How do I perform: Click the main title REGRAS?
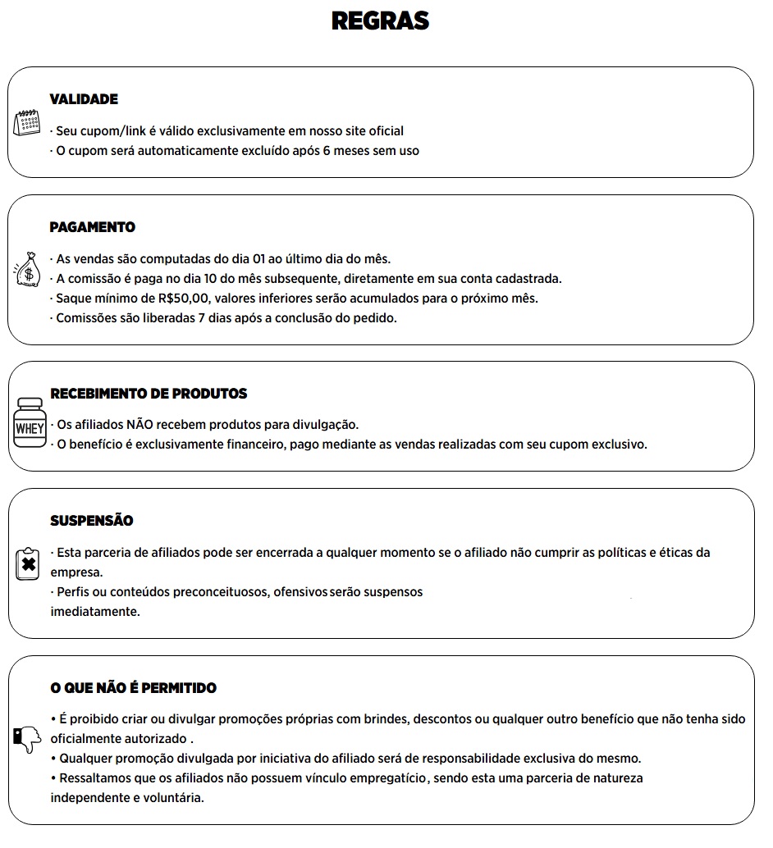(x=380, y=21)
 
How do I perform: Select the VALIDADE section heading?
(x=84, y=99)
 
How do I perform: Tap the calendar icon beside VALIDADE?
(x=27, y=123)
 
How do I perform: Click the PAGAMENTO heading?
(x=93, y=227)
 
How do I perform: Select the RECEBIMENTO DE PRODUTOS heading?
(x=149, y=394)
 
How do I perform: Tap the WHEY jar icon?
(x=30, y=423)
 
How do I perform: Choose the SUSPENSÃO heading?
(x=92, y=521)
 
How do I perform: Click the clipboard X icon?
(x=28, y=564)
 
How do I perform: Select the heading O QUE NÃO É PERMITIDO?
(x=134, y=688)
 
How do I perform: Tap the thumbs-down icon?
(x=27, y=740)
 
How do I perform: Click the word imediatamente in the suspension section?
(x=95, y=612)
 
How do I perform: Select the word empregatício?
(x=386, y=777)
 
